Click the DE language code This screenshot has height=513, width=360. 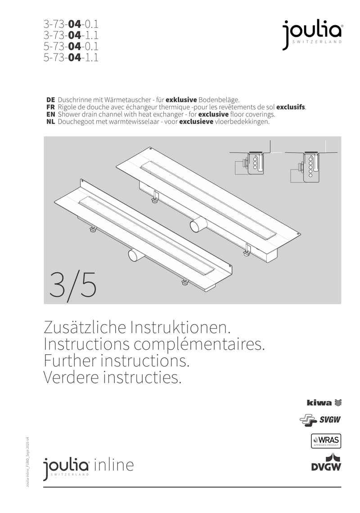click(50, 99)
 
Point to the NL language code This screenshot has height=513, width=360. click(50, 122)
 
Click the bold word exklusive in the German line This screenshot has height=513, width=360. click(181, 99)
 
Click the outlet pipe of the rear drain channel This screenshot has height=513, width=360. click(197, 223)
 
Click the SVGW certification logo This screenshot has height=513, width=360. click(320, 420)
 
